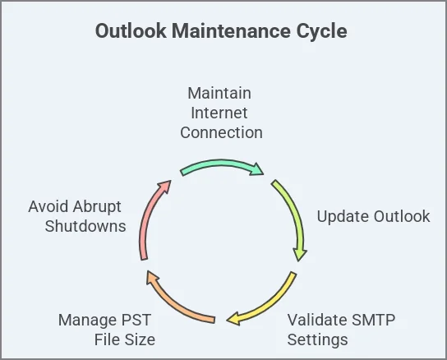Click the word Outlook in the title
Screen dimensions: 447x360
[x=131, y=30]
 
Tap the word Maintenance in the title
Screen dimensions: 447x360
[x=231, y=30]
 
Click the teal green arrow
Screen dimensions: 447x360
[x=221, y=164]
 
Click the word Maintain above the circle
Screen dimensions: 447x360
[x=219, y=93]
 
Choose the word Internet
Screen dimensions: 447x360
[x=219, y=113]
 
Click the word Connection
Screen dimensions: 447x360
[x=221, y=132]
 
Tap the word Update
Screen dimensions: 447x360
[x=343, y=217]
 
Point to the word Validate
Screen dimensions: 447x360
[x=317, y=320]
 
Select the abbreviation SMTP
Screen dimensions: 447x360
[x=373, y=320]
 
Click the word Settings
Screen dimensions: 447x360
[x=317, y=340]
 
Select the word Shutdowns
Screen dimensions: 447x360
[x=85, y=226]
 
